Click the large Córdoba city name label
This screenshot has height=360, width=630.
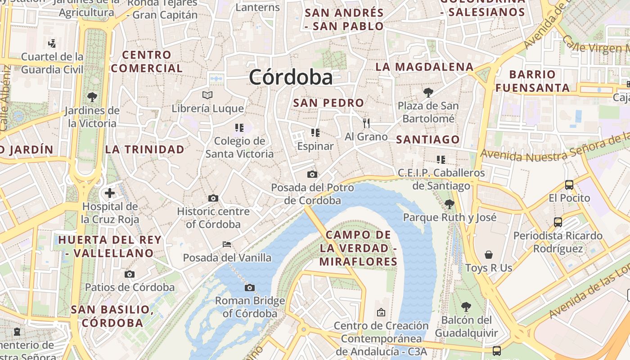coord(291,77)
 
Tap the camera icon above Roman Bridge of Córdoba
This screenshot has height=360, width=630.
coord(250,288)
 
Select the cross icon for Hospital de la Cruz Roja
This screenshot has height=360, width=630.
coord(109,193)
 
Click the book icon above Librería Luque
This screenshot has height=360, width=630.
coord(207,95)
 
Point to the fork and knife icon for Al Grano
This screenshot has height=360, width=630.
coord(366,123)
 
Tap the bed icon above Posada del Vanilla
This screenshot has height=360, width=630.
coord(227,244)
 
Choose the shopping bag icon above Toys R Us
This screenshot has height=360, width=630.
coord(489,255)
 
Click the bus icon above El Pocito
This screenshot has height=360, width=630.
coord(569,184)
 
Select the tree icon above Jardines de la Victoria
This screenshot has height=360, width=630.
coord(92,97)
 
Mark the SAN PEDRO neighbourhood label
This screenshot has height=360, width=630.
coord(328,103)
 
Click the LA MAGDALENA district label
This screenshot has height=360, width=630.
coord(424,67)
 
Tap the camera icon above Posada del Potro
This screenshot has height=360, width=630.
coord(312,174)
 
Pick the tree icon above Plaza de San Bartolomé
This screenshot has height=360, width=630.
coord(428,93)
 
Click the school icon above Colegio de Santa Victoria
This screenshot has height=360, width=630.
coord(239,128)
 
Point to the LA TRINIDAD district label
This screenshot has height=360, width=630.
coord(145,149)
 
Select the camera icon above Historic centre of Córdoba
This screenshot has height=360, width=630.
coord(213,198)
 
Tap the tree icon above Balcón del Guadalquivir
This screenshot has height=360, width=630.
coord(466,307)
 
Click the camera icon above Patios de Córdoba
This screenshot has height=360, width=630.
coord(130,274)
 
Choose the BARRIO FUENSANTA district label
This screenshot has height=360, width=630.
coord(533,81)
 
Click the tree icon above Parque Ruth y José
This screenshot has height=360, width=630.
coord(449,204)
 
